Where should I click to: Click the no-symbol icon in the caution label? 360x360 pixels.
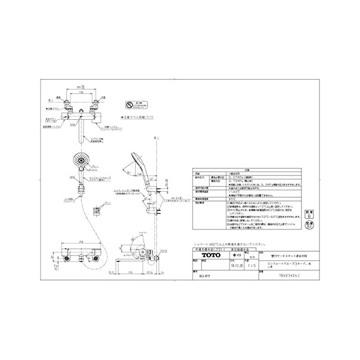point(130,105)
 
